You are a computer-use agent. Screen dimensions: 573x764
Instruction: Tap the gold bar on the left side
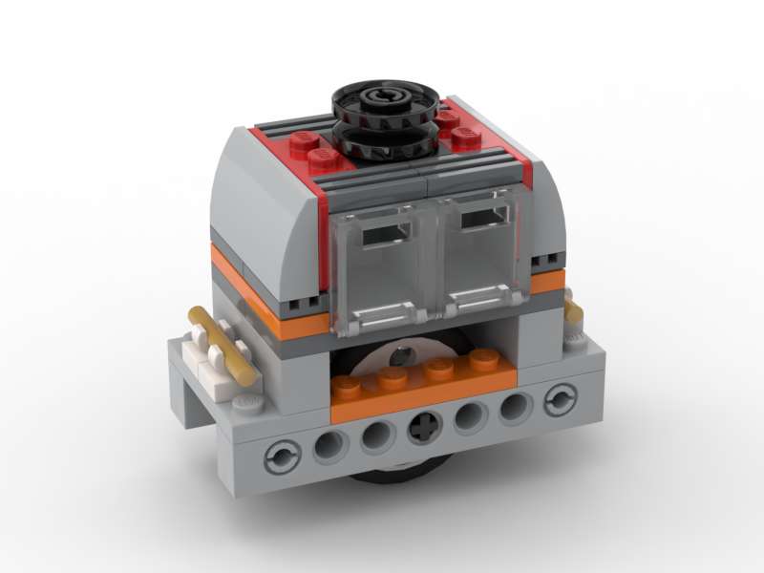224,344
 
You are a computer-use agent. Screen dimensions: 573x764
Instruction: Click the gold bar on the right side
575,312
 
